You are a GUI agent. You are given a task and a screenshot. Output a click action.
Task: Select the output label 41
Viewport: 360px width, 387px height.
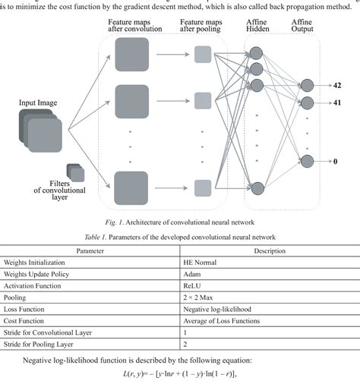click(x=336, y=102)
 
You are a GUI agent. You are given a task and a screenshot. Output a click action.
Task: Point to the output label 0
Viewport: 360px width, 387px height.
click(x=336, y=161)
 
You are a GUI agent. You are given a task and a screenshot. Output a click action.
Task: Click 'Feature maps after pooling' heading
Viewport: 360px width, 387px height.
click(x=203, y=28)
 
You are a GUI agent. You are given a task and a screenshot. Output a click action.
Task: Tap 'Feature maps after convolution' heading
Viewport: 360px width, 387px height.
click(x=133, y=28)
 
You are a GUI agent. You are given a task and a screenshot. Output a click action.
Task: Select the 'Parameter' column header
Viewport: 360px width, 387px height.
click(x=90, y=250)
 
